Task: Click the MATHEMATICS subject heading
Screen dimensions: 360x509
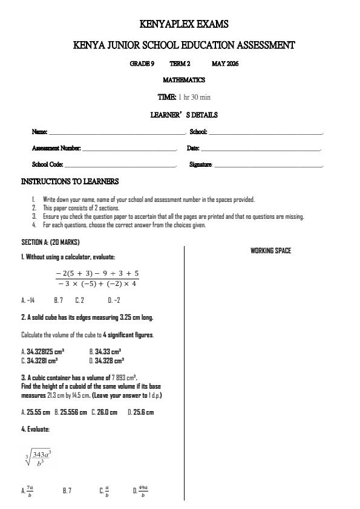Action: [184, 80]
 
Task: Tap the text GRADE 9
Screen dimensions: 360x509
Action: [142, 63]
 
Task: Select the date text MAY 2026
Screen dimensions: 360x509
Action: [225, 63]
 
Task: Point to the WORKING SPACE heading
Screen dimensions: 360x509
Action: [270, 251]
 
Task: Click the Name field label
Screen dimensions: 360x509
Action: [39, 132]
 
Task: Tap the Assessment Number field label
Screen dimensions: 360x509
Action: [56, 148]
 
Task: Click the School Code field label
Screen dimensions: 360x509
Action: [47, 164]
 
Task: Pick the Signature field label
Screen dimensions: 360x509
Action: [201, 164]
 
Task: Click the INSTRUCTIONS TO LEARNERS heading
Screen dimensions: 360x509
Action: [70, 181]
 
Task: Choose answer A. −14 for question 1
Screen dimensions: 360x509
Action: [28, 300]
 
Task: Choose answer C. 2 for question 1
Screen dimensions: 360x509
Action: [79, 300]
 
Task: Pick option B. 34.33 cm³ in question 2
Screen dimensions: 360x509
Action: [105, 351]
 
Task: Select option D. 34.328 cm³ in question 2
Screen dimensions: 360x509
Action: [106, 360]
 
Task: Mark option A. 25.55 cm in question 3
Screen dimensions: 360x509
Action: [36, 412]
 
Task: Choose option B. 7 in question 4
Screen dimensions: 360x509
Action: [67, 491]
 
